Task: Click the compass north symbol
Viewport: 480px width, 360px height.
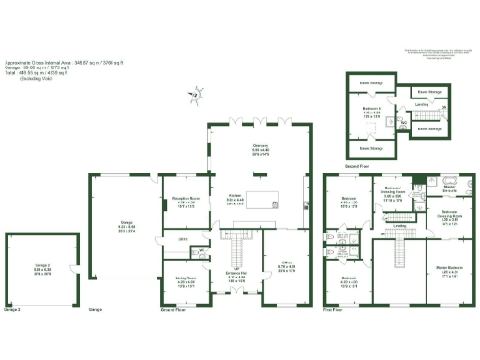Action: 195,93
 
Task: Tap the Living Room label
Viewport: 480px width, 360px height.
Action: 186,277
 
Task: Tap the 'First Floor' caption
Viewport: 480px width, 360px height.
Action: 334,309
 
